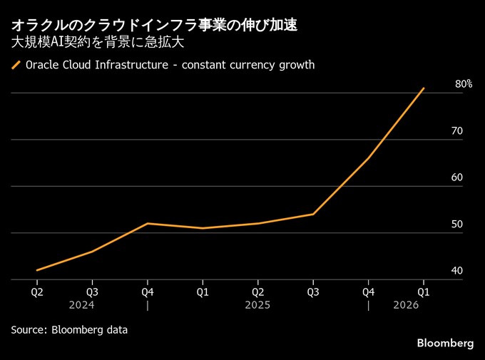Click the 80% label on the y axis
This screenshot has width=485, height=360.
[x=463, y=84]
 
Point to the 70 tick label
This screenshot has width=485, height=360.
[x=457, y=131]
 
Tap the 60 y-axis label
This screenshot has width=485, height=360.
[x=457, y=178]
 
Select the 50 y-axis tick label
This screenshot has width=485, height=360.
[x=457, y=225]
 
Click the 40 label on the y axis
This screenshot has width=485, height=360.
[x=457, y=271]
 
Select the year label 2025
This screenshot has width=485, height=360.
[x=257, y=304]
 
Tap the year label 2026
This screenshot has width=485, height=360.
[x=406, y=304]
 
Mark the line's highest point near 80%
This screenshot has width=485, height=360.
[x=424, y=88]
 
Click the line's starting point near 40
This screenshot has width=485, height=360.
[x=37, y=270]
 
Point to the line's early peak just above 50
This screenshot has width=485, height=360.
[x=148, y=224]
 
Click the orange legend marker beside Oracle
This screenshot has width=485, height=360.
[x=16, y=66]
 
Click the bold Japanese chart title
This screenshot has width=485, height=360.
[x=154, y=25]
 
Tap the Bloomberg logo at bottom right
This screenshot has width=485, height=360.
[x=445, y=343]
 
